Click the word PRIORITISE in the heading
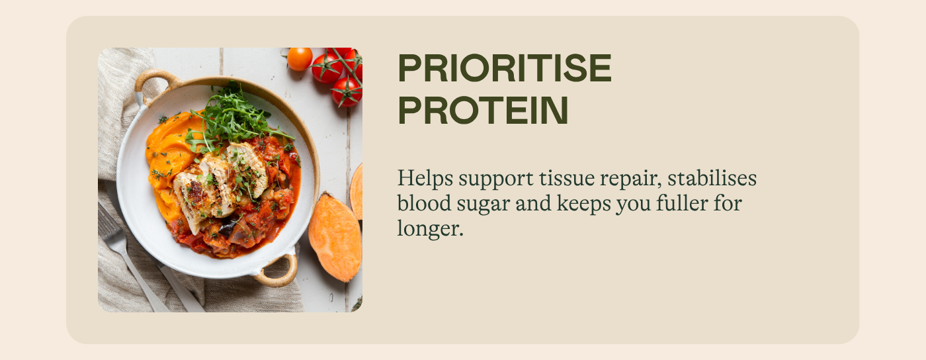pyautogui.click(x=504, y=68)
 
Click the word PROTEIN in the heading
pyautogui.click(x=483, y=110)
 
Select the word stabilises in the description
pyautogui.click(x=712, y=178)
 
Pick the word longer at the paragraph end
pyautogui.click(x=431, y=229)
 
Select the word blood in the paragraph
pyautogui.click(x=424, y=203)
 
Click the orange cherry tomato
pyautogui.click(x=300, y=59)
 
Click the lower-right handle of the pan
pyautogui.click(x=278, y=271)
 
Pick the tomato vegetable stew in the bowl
pyautogui.click(x=257, y=215)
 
